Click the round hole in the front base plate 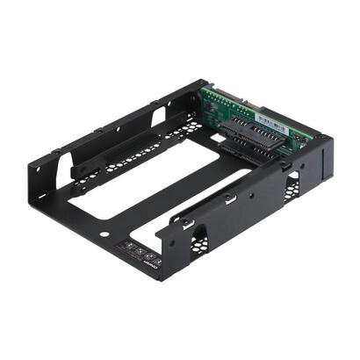click(x=105, y=235)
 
